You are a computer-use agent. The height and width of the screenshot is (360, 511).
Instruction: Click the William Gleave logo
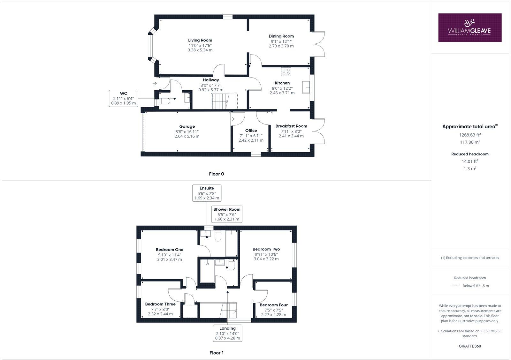[x=469, y=27]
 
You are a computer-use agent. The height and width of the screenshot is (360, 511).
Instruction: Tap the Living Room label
[x=200, y=40]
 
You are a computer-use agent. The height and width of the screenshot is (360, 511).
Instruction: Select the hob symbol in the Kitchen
[x=286, y=71]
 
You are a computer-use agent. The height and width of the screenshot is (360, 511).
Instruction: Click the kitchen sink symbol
[x=307, y=86]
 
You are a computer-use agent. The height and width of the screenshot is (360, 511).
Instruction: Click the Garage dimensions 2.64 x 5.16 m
[x=187, y=136]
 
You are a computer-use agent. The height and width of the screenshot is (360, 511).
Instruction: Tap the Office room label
[x=251, y=131]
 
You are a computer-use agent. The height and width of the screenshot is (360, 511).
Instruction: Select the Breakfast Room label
[x=291, y=126]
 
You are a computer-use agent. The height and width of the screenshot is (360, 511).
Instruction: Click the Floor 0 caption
[x=216, y=174]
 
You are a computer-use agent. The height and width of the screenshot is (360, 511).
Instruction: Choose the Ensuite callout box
[x=207, y=193]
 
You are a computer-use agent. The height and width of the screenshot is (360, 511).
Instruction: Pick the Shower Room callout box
[x=227, y=214]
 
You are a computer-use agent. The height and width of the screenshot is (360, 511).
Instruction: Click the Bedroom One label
[x=169, y=250]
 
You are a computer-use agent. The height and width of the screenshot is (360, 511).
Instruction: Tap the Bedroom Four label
[x=273, y=305]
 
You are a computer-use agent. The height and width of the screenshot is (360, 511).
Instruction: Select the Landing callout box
[x=227, y=333]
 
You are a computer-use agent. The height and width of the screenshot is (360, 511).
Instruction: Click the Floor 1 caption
[x=216, y=353]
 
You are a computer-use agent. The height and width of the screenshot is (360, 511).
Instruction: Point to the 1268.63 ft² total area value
[x=470, y=135]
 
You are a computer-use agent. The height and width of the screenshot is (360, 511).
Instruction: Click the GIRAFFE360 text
[x=470, y=346]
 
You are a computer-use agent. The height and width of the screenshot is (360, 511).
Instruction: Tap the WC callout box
[x=124, y=98]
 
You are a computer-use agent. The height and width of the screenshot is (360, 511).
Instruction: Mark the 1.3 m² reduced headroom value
[x=470, y=169]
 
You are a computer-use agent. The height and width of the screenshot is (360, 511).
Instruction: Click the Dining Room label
[x=281, y=36]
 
